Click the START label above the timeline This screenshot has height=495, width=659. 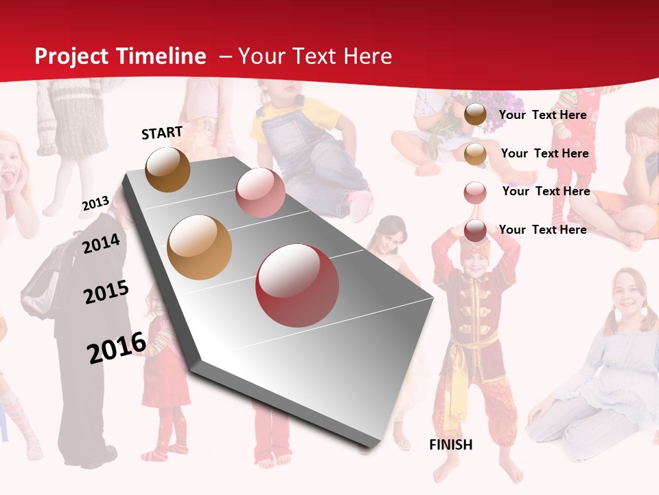162,133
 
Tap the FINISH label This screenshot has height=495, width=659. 451,445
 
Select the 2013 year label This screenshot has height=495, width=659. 95,203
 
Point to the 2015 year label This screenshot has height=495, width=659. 106,292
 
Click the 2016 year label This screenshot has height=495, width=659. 117,347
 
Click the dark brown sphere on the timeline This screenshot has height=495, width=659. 167,169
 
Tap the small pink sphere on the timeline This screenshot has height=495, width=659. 260,192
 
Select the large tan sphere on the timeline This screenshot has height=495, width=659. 200,247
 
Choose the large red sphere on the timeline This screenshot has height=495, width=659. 297,286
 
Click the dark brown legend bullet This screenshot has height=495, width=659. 475,115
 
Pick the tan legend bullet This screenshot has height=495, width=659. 475,154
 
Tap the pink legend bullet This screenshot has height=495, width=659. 475,192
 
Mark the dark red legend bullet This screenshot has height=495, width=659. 475,231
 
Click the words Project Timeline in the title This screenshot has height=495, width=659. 120,56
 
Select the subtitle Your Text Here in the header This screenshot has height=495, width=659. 314,56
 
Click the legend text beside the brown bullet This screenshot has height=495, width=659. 542,115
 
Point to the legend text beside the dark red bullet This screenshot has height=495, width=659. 542,230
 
